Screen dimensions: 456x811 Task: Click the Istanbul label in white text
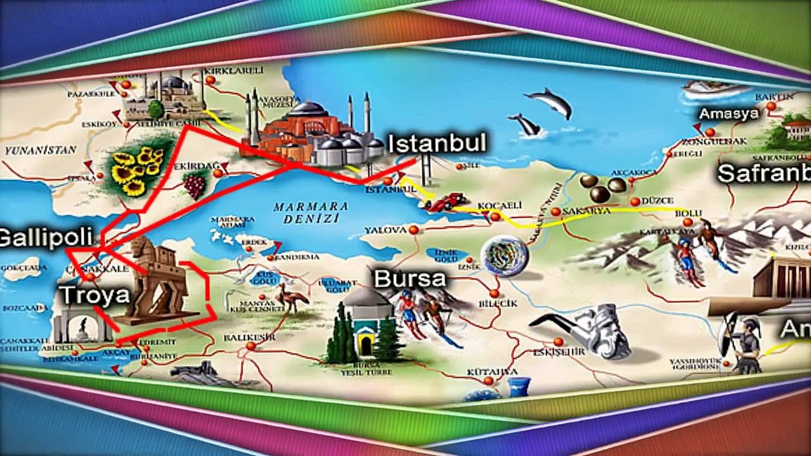437,144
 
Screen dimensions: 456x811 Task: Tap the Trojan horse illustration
159,279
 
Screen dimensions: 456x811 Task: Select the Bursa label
409,279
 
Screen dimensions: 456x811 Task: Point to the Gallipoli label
46,237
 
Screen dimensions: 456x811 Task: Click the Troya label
94,295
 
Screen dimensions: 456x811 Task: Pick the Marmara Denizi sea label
311,212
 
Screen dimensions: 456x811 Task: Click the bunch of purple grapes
195,186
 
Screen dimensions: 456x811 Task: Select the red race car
444,203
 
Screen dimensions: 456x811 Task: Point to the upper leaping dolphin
549,101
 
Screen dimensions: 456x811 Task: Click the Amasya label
728,114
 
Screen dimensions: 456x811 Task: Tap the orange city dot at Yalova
414,230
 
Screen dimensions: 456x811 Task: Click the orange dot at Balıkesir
251,346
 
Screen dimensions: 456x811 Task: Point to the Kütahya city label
492,371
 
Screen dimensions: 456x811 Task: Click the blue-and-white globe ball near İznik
504,256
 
